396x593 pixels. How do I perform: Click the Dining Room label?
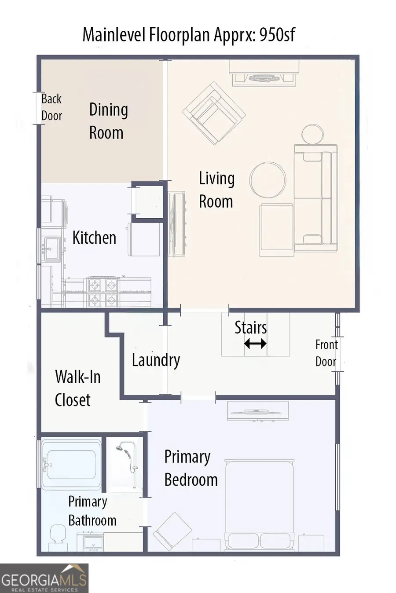tap(108, 121)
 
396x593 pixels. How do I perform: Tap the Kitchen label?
tap(94, 238)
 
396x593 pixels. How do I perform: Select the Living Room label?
tap(216, 190)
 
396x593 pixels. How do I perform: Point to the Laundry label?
tap(156, 360)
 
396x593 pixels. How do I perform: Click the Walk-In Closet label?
tap(77, 388)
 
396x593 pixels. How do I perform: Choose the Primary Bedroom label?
tap(191, 469)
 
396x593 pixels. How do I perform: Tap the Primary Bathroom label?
tap(92, 511)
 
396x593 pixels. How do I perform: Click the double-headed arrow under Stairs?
tap(255, 344)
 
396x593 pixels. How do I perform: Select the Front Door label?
tap(326, 353)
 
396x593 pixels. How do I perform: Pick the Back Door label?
tap(51, 107)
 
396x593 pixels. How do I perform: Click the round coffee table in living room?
tap(268, 180)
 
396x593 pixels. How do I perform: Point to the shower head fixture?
tap(120, 449)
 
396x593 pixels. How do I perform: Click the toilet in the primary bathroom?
tap(56, 538)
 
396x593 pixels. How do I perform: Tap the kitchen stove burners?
tap(103, 292)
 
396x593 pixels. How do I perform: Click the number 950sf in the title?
tap(277, 34)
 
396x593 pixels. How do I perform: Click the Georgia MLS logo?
tap(44, 578)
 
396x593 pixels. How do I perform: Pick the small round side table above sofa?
tap(312, 134)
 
